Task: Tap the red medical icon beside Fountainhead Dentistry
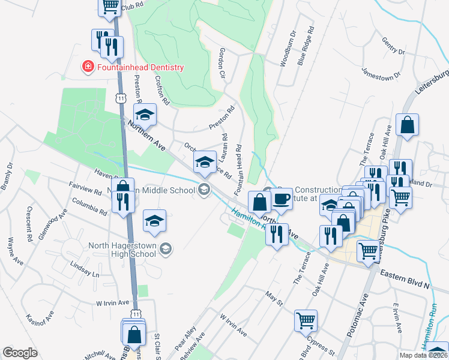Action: pyautogui.click(x=88, y=66)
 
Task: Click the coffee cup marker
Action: pyautogui.click(x=280, y=199)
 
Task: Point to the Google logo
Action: pyautogui.click(x=20, y=353)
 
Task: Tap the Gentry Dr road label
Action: pyautogui.click(x=393, y=47)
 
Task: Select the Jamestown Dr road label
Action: pyautogui.click(x=381, y=74)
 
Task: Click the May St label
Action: pyautogui.click(x=274, y=298)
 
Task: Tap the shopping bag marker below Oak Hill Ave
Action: pyautogui.click(x=408, y=125)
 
